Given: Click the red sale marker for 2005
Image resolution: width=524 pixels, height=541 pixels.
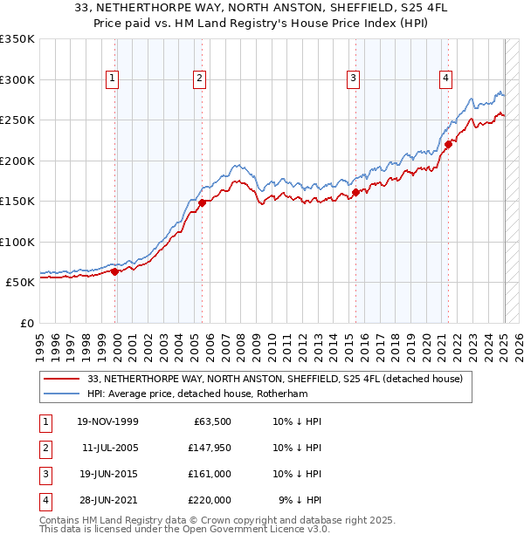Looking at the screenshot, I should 202,202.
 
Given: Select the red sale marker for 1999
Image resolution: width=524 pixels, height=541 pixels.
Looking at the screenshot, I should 115,271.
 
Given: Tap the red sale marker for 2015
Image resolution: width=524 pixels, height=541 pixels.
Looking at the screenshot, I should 355,192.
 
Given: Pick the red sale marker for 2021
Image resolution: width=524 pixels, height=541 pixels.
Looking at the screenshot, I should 448,144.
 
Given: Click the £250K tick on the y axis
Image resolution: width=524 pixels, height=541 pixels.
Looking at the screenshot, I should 19,120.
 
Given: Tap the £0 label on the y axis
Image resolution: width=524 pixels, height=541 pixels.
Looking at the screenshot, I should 26,323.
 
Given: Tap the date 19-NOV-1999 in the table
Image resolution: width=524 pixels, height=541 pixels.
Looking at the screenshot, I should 107,421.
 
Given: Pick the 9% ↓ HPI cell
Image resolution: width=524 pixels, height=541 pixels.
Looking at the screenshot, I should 300,500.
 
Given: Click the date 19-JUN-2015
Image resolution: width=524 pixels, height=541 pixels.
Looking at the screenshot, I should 107,474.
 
